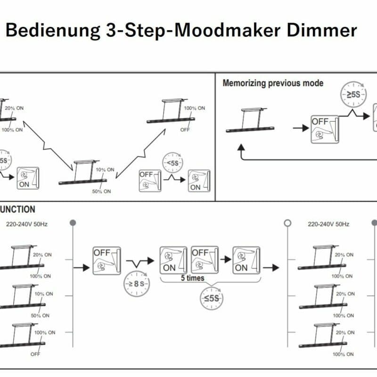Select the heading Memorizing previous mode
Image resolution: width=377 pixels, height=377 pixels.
273,83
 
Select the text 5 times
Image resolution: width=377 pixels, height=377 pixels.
193,278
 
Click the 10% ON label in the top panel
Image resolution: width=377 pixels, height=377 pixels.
105,170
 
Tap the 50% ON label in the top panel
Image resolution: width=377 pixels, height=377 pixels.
101,191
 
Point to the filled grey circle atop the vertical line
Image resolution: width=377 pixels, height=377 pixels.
72,222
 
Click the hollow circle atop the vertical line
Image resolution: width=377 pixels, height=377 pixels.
287,223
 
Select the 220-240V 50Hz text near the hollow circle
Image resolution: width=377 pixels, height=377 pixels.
328,224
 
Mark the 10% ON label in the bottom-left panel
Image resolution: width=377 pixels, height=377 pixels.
43,294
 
